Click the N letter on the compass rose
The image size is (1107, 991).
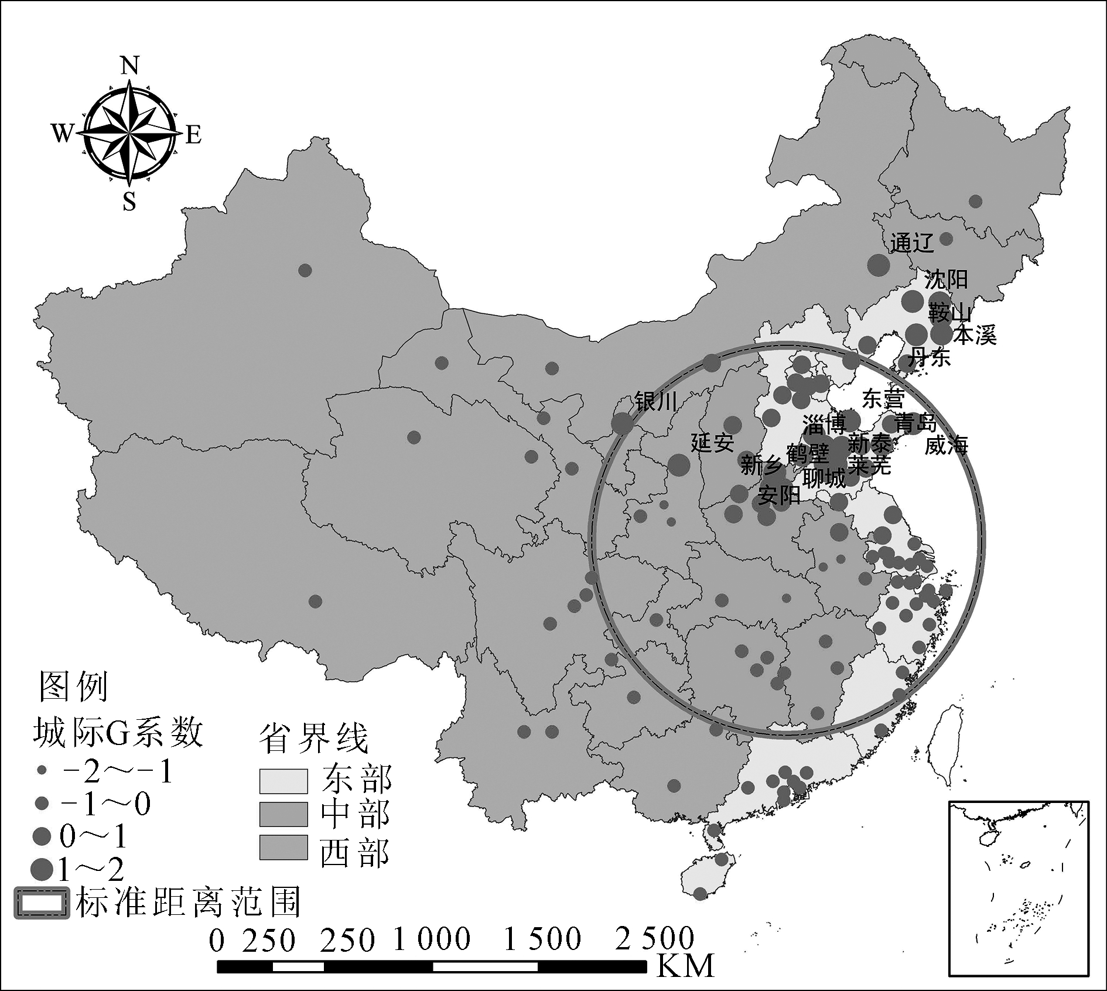pos(129,66)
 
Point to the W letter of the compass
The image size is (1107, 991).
pos(61,134)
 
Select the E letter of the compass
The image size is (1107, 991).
pos(194,135)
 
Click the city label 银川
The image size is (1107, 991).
pos(656,402)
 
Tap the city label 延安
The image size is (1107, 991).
pos(712,443)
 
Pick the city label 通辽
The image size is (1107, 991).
pos(911,242)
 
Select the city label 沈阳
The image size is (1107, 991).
pos(946,280)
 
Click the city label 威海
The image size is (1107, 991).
pos(947,445)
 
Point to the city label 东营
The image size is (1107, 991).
pos(883,399)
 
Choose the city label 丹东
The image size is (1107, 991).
pos(930,357)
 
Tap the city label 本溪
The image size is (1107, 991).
pos(975,336)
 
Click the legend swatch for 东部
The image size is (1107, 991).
pos(283,781)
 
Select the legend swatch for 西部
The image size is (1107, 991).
pos(283,848)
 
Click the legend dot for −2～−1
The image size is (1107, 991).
pos(42,771)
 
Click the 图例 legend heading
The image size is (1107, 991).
pos(74,686)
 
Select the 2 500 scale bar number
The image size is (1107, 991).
pos(654,938)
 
